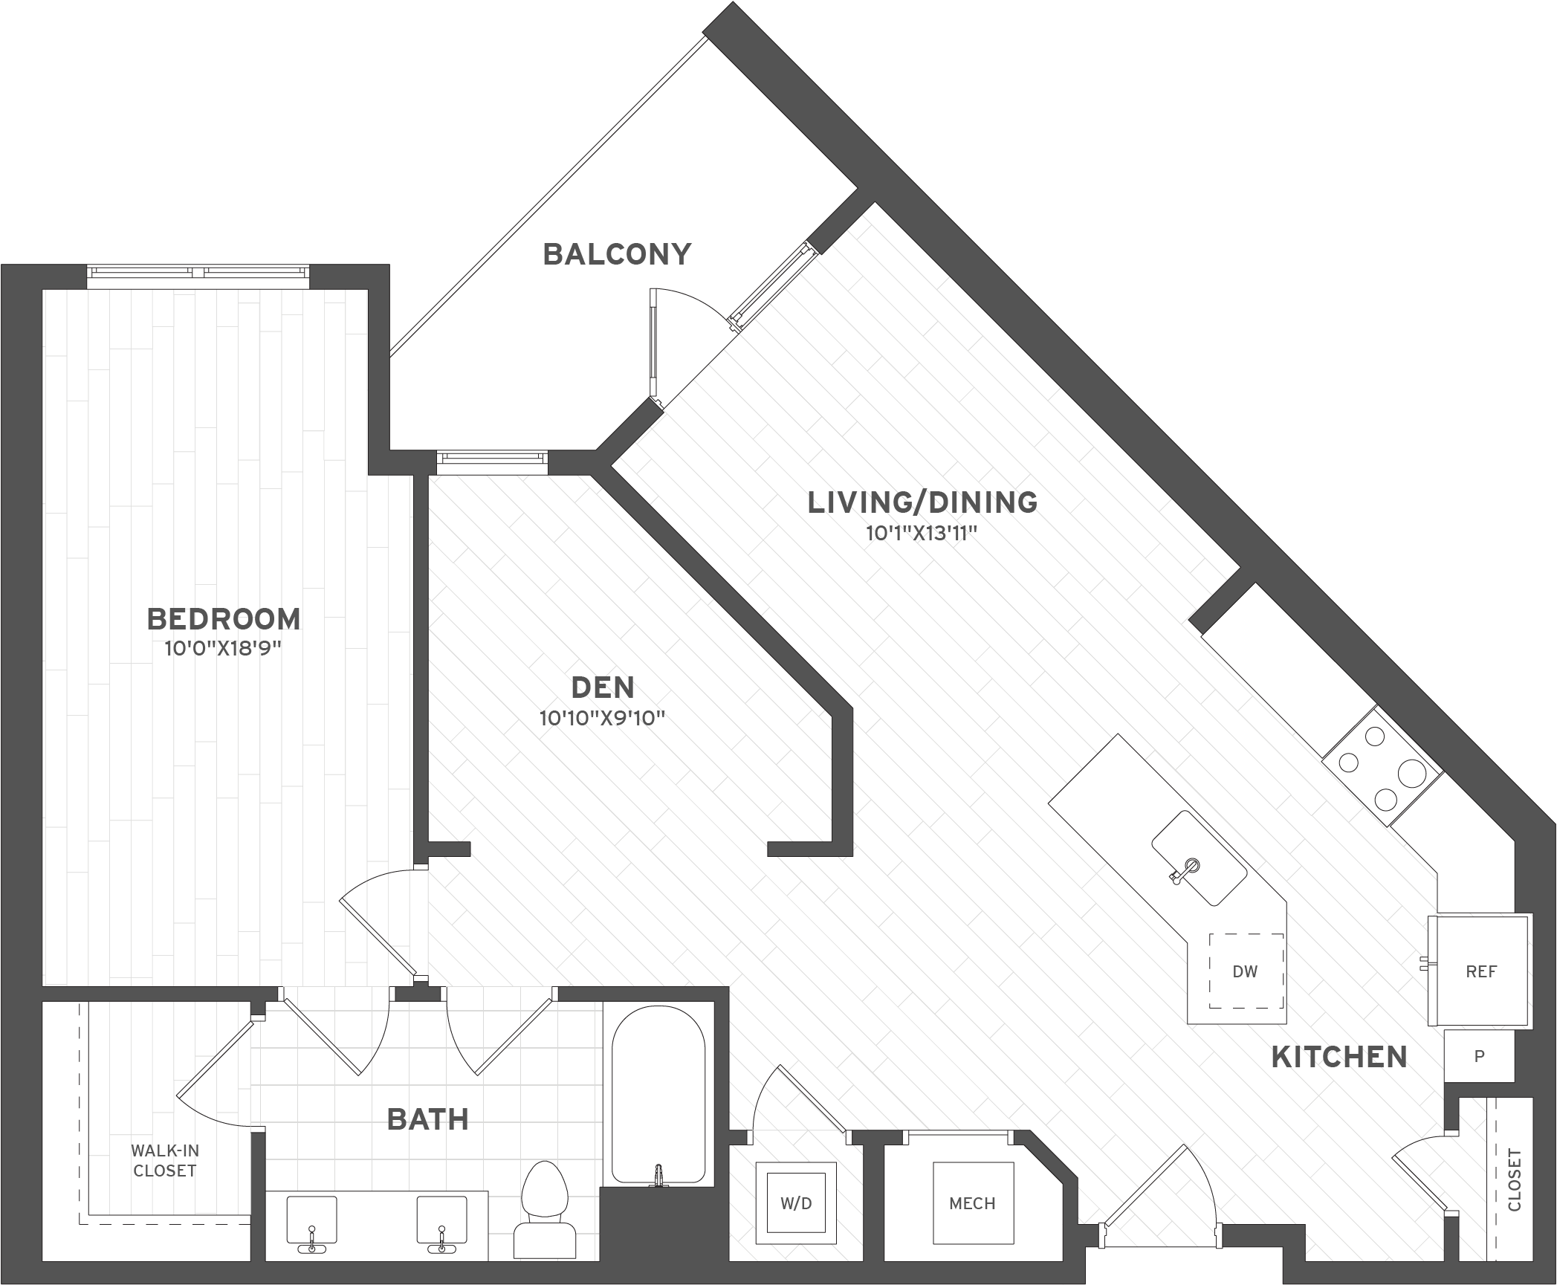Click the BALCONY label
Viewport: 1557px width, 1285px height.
click(x=617, y=254)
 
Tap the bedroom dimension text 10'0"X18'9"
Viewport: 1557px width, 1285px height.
click(x=223, y=649)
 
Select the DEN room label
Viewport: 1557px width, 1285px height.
click(x=603, y=687)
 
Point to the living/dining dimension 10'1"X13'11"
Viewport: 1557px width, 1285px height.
click(x=921, y=534)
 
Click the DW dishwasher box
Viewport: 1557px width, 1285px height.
click(x=1246, y=971)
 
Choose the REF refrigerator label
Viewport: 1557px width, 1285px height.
click(x=1481, y=971)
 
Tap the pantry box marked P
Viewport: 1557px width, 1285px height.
click(x=1479, y=1055)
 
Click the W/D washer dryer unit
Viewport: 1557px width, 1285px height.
click(x=796, y=1203)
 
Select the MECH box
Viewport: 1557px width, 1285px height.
click(x=973, y=1203)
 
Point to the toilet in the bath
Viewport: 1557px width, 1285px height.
click(x=545, y=1211)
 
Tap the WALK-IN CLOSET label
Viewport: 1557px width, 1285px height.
click(x=164, y=1160)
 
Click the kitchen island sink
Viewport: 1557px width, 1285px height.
click(x=1199, y=858)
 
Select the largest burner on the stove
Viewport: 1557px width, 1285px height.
click(x=1411, y=774)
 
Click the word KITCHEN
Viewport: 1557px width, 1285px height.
click(x=1339, y=1057)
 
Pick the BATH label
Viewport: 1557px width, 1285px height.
click(x=428, y=1119)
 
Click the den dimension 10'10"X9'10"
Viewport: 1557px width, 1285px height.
click(x=602, y=719)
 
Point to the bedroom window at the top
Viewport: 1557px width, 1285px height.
click(x=198, y=276)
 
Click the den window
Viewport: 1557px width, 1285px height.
click(x=492, y=462)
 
